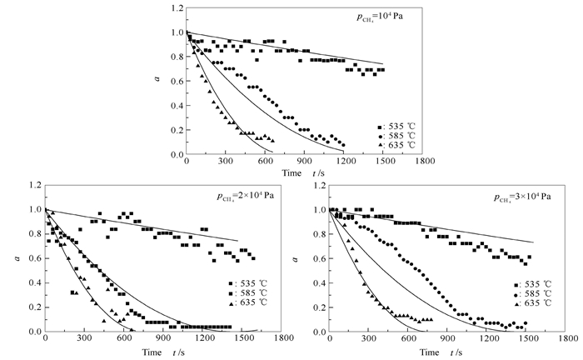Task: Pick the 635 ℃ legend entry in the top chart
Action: pos(396,145)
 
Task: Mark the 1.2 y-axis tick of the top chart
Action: pos(175,8)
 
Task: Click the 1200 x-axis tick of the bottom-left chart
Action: pos(203,340)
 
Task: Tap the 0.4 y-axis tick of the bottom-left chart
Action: pos(32,282)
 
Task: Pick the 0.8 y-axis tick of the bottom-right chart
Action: pos(319,234)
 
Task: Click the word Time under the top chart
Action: pos(291,172)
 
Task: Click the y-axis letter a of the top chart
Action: pos(158,81)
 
